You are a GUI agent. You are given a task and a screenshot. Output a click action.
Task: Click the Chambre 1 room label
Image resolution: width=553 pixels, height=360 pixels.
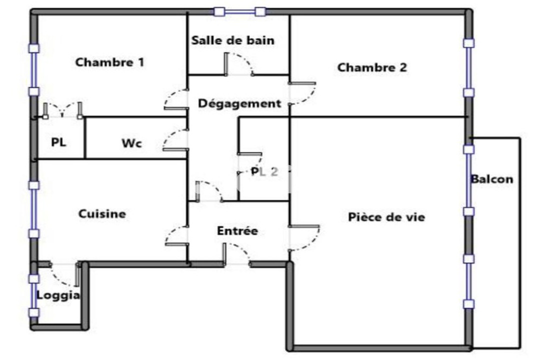pos(109,62)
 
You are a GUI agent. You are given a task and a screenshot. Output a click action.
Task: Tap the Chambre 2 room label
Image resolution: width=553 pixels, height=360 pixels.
pos(372,67)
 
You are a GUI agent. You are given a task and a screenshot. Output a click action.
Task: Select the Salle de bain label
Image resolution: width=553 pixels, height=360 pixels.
pos(233,40)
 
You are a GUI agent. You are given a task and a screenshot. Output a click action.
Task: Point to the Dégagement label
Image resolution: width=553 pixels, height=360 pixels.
pos(239,103)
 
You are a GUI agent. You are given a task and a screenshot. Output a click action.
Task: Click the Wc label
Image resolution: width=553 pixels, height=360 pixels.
pos(132,143)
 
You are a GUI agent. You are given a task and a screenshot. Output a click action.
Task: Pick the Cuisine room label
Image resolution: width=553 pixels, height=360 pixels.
pos(102,213)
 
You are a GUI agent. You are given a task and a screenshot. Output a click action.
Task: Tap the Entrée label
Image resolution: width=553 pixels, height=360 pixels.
pos(237,231)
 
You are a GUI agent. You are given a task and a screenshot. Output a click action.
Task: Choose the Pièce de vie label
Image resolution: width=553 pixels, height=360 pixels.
pos(386,217)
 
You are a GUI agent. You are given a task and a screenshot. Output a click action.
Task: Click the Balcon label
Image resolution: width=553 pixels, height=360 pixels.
pos(492,179)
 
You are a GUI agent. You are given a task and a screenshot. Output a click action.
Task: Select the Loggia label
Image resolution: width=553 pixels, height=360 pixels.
pos(58,295)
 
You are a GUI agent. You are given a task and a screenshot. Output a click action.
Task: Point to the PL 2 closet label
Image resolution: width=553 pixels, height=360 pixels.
pos(264,172)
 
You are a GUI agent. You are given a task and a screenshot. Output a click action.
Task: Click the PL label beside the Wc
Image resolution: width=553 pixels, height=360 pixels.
pos(58,142)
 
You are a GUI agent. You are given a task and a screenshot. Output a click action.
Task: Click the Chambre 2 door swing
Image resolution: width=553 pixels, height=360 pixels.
pos(303,93)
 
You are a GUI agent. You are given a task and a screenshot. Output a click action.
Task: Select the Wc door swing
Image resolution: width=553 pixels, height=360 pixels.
pos(175,139)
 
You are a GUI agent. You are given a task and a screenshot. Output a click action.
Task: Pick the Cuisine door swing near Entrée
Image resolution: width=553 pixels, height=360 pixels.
pos(176,235)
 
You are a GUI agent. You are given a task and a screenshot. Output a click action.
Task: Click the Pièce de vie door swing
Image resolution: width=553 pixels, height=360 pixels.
pos(304,237)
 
